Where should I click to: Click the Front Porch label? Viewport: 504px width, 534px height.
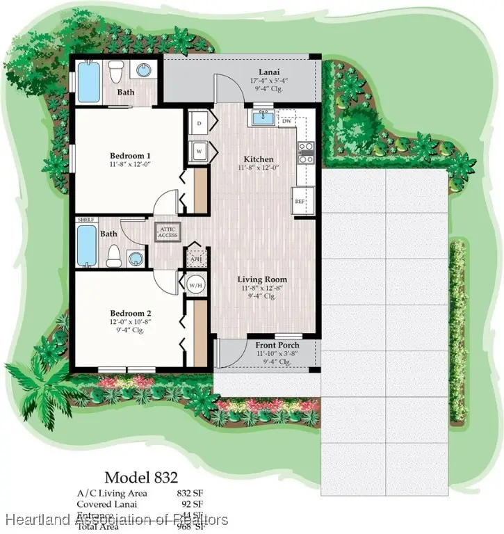tap(277, 346)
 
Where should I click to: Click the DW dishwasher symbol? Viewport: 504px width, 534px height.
tap(287, 120)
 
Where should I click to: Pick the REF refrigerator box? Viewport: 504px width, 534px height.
tap(300, 201)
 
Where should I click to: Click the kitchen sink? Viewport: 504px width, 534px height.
tap(262, 118)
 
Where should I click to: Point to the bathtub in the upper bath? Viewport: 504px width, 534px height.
tap(89, 82)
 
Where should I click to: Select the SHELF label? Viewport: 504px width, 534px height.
tap(86, 220)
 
